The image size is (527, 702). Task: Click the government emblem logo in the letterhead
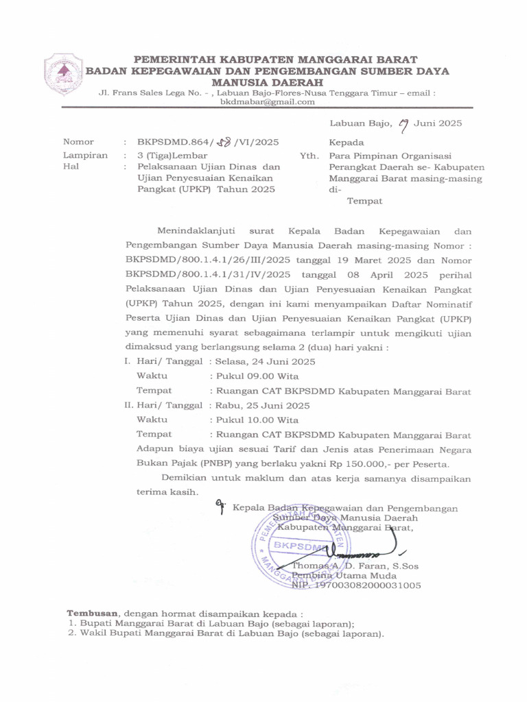(64, 75)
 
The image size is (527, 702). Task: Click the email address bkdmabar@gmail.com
(267, 102)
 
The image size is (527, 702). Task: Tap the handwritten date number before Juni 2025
(404, 123)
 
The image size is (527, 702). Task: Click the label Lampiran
(85, 155)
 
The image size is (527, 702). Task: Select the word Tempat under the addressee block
(364, 202)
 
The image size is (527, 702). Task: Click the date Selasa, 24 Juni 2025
(264, 361)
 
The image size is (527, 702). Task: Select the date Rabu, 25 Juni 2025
(261, 405)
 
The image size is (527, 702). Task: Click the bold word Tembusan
(93, 612)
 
